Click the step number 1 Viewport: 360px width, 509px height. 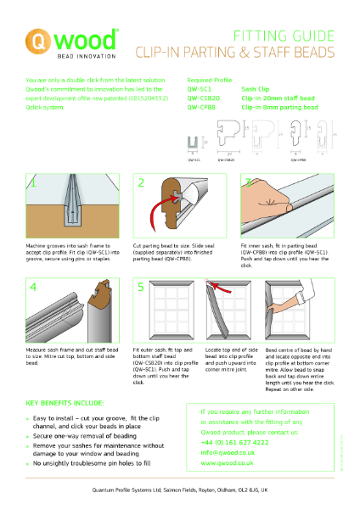(x=34, y=182)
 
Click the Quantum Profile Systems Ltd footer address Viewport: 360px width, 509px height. (x=180, y=491)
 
